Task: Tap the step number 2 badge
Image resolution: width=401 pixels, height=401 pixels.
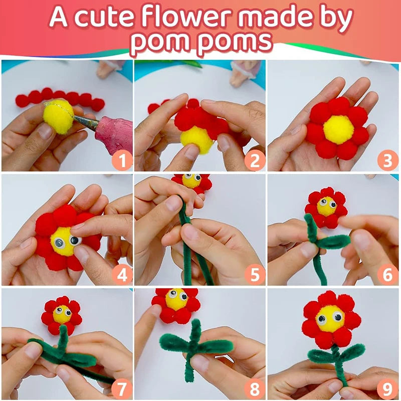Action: [x=255, y=160]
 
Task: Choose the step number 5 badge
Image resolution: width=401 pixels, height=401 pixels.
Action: [x=255, y=274]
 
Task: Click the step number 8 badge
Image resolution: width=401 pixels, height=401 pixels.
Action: [x=255, y=388]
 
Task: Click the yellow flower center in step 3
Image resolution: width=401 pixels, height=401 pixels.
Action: [x=338, y=129]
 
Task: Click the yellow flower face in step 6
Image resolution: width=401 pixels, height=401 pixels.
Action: [x=326, y=206]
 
